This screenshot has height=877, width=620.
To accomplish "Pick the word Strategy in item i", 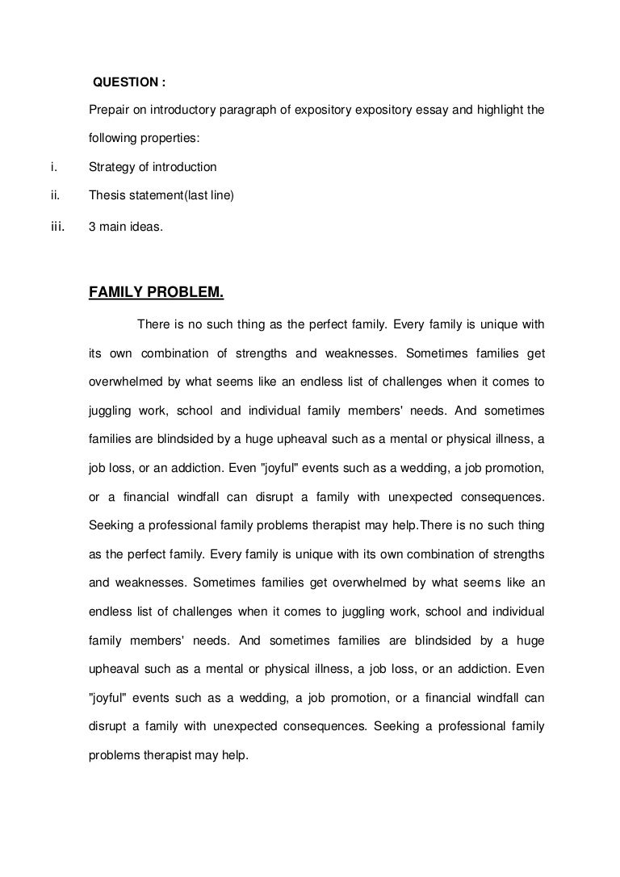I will [111, 167].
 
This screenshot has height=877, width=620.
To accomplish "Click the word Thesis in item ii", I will [106, 195].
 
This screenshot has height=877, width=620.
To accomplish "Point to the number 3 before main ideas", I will [92, 228].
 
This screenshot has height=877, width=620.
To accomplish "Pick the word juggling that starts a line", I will [111, 411].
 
